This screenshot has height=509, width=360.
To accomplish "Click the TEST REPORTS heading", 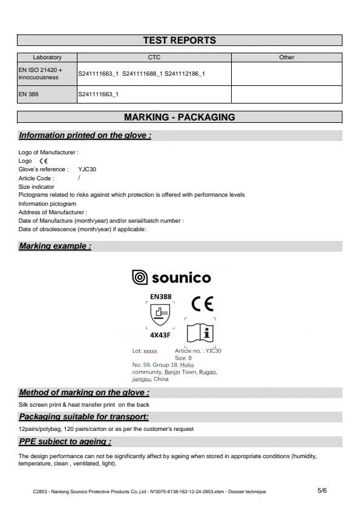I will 179,41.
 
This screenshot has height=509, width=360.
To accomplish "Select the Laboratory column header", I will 47,57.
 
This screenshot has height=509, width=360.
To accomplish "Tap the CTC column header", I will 154,57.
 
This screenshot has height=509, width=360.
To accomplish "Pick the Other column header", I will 287,57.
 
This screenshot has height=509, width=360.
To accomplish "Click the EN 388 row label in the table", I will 28,94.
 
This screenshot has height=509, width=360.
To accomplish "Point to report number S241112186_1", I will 185,74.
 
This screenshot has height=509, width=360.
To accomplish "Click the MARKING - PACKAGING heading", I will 179,117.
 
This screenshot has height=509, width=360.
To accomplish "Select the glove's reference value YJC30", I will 87,169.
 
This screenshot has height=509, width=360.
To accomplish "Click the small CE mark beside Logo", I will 43,162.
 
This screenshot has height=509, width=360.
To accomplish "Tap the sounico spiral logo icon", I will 139,278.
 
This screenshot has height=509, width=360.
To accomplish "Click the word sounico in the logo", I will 181,278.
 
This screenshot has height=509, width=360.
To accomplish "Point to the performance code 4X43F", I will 160,334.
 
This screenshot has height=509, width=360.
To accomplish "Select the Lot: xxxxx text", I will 145,351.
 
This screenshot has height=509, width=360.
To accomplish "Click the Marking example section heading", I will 55,246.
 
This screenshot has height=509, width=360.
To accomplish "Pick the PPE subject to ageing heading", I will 65,441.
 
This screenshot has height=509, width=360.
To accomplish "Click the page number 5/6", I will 322,491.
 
